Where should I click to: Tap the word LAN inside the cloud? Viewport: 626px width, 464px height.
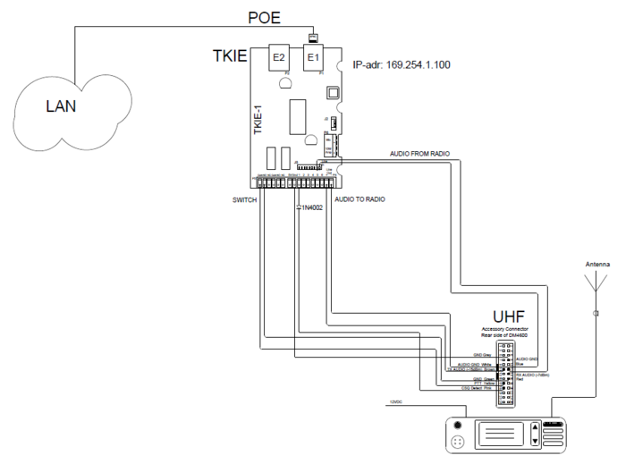click(62, 106)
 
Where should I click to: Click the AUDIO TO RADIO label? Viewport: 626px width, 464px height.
click(360, 199)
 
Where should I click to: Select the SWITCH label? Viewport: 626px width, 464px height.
click(244, 199)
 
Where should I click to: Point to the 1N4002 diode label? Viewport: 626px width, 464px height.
click(309, 207)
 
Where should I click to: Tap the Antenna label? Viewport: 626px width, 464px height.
click(597, 265)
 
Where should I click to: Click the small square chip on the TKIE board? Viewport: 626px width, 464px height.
click(331, 91)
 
